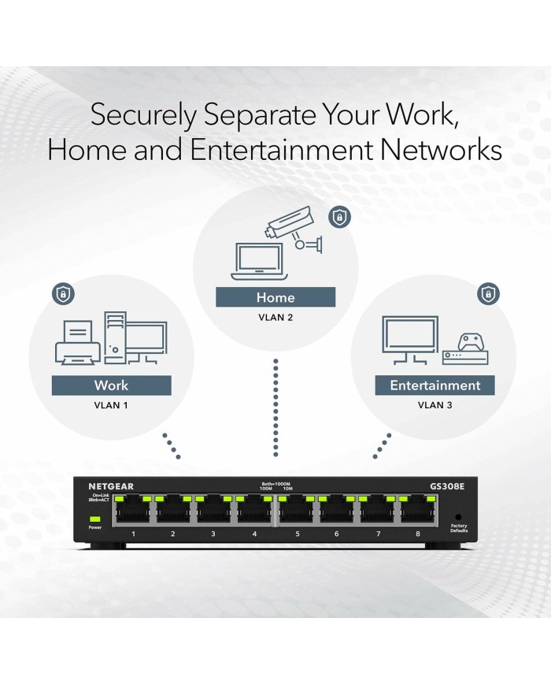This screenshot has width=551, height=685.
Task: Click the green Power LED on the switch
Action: [x=95, y=519]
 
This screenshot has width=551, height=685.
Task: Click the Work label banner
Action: [x=111, y=385]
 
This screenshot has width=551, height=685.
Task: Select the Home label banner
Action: [x=275, y=297]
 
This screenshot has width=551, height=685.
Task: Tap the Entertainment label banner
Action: [x=435, y=385]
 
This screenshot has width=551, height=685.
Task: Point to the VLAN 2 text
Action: [x=275, y=318]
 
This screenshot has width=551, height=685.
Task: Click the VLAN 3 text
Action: [x=435, y=405]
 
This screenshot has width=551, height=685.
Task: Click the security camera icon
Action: [x=294, y=227]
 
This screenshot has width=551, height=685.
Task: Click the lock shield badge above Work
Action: [x=61, y=294]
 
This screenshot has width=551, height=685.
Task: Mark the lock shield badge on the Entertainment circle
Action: [x=488, y=295]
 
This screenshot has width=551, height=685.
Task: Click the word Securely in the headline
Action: [x=144, y=115]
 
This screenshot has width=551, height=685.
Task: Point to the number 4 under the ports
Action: [x=254, y=534]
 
